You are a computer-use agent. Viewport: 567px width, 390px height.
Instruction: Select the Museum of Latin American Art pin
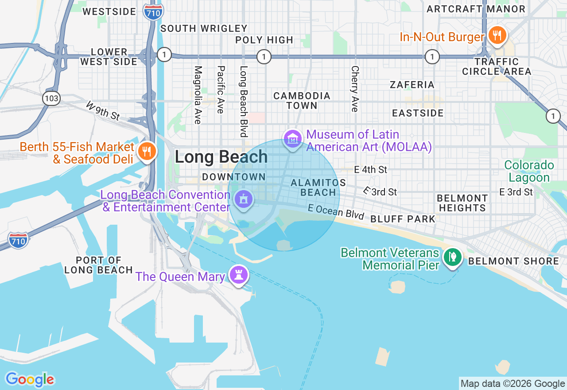pos(292,139)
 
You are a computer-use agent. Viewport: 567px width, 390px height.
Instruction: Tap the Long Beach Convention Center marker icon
pos(243,199)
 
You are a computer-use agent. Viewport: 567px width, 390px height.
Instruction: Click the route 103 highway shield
pos(52,98)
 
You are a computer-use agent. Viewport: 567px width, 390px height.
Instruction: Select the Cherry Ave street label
pos(354,89)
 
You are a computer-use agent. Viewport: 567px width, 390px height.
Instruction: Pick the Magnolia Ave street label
pos(198,95)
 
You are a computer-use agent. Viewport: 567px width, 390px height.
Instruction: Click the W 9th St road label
pos(103,111)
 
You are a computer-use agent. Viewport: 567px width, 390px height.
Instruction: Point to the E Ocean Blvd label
pos(336,212)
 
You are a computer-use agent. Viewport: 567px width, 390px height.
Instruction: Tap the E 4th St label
pos(371,169)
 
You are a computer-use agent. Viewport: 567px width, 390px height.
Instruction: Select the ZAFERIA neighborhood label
pos(412,85)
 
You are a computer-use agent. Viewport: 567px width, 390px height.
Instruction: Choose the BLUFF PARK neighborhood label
pos(403,219)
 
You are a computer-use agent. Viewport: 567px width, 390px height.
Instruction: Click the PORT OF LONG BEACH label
pos(98,265)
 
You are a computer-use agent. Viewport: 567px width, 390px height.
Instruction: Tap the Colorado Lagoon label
pos(529,172)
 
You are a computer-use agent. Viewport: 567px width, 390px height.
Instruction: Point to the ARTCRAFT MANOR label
pos(476,9)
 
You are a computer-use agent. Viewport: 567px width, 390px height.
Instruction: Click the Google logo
pos(30,379)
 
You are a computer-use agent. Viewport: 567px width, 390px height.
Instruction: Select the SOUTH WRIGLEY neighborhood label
pos(204,28)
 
